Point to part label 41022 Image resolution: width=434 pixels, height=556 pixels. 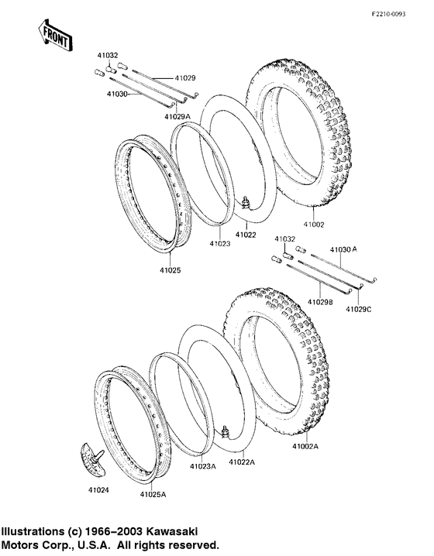(x=246, y=234)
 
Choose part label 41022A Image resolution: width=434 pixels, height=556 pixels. (x=241, y=462)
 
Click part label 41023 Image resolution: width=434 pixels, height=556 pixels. (x=219, y=243)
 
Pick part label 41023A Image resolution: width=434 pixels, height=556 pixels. (x=203, y=466)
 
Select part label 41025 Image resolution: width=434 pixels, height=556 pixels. (x=170, y=270)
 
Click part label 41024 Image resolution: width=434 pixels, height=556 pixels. (x=88, y=489)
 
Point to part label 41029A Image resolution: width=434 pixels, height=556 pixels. (x=177, y=115)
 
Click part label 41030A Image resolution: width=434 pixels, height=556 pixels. (x=343, y=249)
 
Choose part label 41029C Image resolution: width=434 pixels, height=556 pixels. (x=359, y=310)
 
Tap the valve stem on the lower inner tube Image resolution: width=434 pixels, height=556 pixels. (x=227, y=431)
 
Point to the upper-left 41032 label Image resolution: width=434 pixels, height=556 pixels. (x=108, y=55)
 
